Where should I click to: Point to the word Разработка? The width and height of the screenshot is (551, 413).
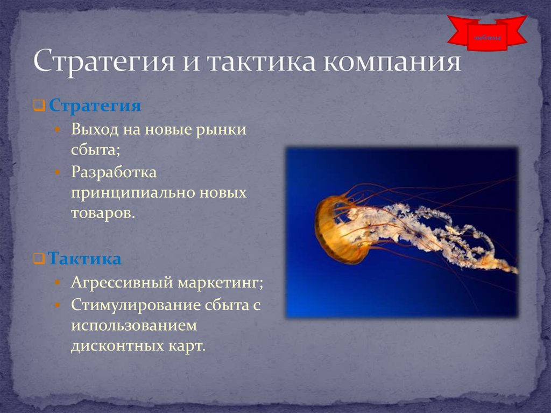[x=114, y=173]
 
